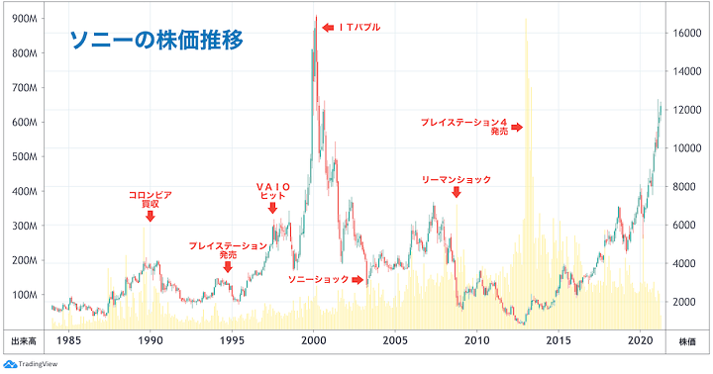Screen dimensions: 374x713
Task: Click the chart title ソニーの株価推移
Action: coord(155,42)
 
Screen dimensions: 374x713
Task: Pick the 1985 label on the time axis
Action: coord(68,341)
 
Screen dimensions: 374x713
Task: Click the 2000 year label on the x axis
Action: coord(314,341)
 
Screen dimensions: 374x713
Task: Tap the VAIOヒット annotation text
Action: coord(272,191)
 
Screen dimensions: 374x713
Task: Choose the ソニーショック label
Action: coord(318,280)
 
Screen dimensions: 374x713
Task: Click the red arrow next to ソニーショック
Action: coord(358,280)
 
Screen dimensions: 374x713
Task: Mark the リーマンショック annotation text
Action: coord(457,180)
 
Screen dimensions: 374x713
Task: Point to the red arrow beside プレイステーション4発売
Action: coord(517,127)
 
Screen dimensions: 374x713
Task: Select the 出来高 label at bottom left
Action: coord(25,341)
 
